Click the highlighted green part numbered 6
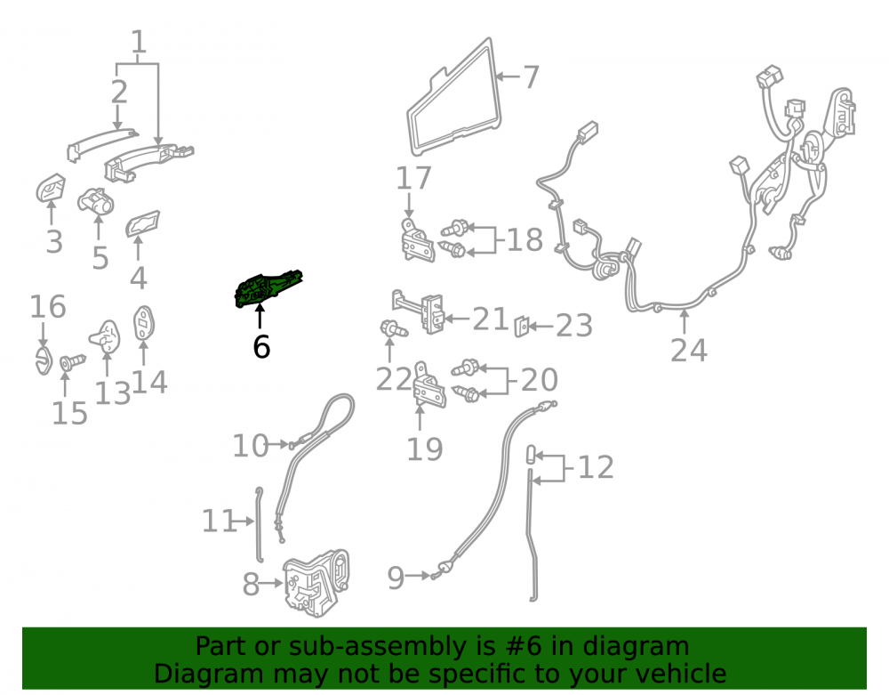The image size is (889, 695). [268, 289]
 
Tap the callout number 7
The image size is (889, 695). [530, 77]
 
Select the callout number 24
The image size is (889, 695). [689, 350]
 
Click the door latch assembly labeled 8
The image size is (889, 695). [316, 583]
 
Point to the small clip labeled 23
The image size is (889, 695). [522, 327]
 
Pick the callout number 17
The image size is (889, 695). [413, 178]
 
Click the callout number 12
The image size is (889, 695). [596, 467]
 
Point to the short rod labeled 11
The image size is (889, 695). [260, 524]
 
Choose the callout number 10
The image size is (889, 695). [250, 446]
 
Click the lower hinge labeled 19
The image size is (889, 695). [429, 386]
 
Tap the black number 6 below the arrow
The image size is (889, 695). [261, 347]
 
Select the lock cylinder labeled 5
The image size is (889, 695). [96, 201]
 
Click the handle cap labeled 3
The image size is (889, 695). [51, 188]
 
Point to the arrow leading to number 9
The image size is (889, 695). [419, 575]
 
